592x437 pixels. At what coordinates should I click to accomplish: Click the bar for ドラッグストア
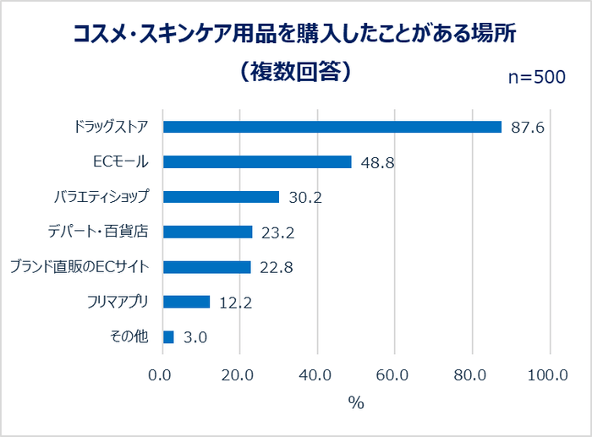(332, 127)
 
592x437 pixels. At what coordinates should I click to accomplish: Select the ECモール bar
(256, 161)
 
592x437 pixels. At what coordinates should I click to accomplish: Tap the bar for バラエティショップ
(221, 197)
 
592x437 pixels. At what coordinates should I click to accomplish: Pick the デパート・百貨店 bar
(207, 232)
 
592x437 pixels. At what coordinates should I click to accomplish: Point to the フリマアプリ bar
(186, 302)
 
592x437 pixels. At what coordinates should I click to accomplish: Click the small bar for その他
(168, 337)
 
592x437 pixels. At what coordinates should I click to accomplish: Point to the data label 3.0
(195, 338)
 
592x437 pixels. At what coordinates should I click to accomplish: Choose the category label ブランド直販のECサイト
(79, 267)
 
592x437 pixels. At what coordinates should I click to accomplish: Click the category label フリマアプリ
(118, 302)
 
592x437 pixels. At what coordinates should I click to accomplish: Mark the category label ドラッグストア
(111, 127)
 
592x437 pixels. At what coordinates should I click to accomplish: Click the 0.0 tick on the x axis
(162, 375)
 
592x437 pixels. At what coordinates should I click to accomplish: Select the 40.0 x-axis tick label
(316, 375)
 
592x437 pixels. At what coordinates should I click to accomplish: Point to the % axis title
(356, 403)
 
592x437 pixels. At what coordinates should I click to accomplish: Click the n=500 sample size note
(535, 77)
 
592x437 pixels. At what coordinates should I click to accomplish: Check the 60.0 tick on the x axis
(394, 375)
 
